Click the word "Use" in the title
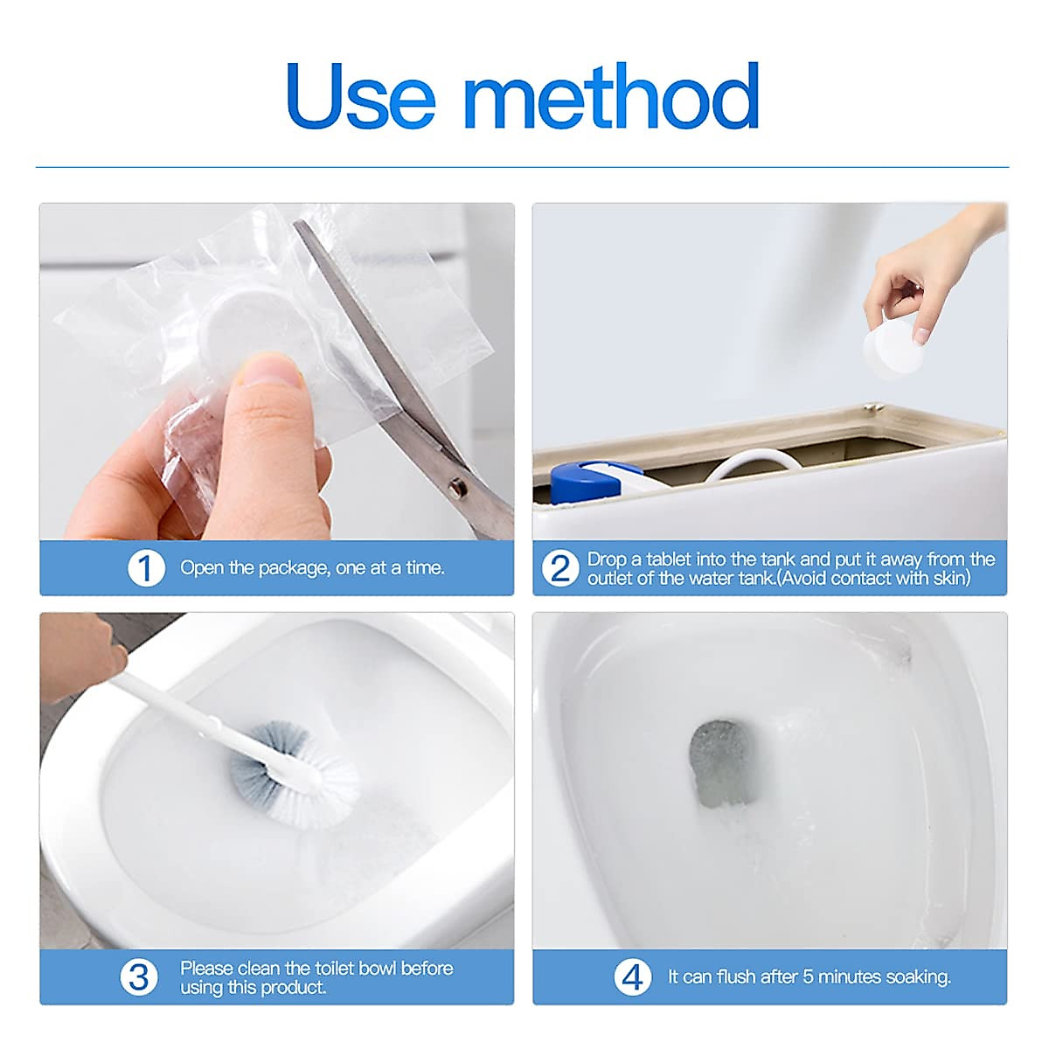coord(361,96)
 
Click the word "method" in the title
coord(611,95)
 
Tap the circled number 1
coord(146,568)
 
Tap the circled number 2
coord(560,568)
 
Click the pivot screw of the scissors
coord(456,486)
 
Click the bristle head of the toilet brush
coord(294,773)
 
